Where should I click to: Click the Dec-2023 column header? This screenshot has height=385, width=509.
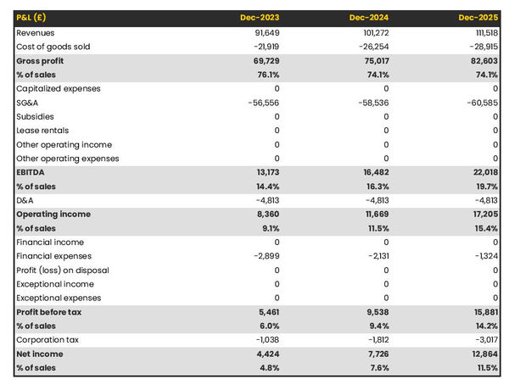(260, 18)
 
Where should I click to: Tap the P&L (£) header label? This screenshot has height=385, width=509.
(31, 18)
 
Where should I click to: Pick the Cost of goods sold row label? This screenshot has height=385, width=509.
(53, 47)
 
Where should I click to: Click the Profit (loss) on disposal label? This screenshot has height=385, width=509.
(62, 271)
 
